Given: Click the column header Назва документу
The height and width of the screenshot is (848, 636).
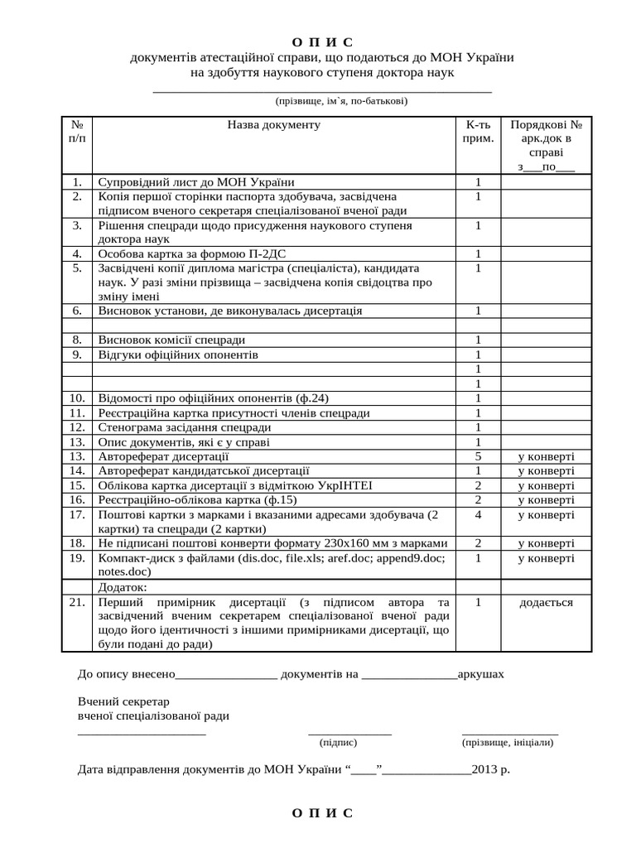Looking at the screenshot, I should tap(273, 125).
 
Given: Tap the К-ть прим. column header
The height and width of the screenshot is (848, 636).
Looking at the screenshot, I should tap(478, 132).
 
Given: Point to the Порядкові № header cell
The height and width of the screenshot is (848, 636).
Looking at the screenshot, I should tap(546, 125).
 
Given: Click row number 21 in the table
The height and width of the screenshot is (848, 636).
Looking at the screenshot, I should tap(77, 602).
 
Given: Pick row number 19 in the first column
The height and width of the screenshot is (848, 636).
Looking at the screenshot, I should tap(77, 558).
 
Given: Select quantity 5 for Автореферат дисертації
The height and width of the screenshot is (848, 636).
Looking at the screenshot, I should tap(478, 456).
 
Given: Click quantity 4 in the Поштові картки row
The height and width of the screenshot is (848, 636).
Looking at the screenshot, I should tap(478, 514).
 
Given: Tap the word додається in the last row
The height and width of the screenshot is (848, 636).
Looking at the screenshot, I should tap(546, 602).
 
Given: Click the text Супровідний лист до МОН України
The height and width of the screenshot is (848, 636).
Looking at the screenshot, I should tap(196, 182).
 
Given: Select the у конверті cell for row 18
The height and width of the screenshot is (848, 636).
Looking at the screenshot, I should tap(546, 543).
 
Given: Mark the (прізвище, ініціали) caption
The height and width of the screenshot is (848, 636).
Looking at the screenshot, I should tap(509, 743).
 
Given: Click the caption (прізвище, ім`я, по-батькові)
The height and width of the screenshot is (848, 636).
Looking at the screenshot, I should tap(341, 101).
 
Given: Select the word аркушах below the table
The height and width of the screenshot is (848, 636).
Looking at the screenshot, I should tap(480, 674).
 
